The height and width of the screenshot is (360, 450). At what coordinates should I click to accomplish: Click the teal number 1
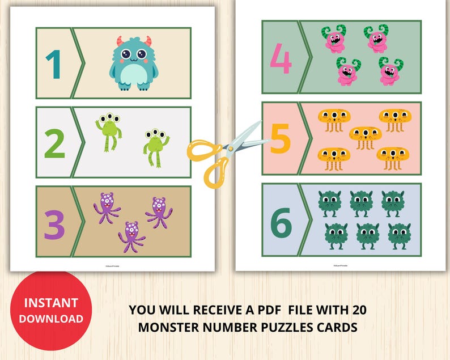coord(54,63)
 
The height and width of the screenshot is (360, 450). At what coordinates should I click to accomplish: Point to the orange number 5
coord(281,139)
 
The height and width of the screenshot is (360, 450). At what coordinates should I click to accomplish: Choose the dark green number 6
coord(281,220)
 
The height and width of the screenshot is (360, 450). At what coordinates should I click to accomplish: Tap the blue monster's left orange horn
coord(120,41)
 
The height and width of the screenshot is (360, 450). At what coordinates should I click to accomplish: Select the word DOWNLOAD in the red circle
coord(51,319)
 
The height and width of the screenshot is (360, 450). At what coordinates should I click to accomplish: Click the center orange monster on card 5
coord(365,137)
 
